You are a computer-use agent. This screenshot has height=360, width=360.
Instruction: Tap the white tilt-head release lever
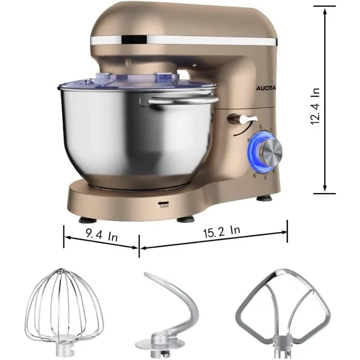point(241,119)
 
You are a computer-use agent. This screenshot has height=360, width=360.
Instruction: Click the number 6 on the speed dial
point(254,175)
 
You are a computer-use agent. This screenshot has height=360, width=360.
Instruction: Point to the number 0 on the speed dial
point(261,127)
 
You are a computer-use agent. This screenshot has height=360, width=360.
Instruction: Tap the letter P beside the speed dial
point(248,141)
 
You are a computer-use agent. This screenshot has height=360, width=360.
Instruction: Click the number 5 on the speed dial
point(265,177)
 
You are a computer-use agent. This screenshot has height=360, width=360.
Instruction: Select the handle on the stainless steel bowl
point(184,100)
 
